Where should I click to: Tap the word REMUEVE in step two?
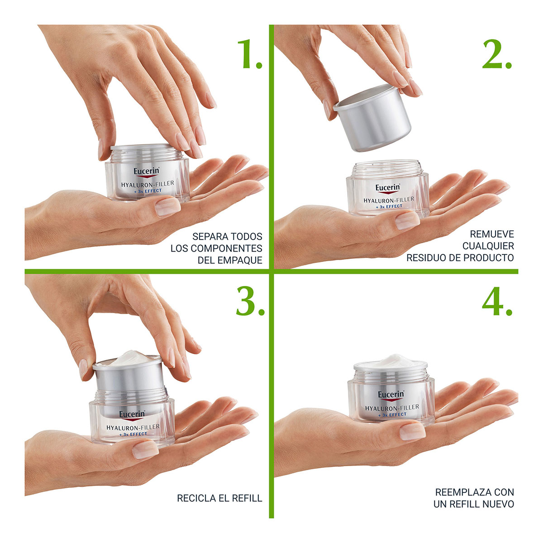[x=492, y=234]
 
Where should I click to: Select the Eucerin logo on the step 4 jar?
[x=391, y=395]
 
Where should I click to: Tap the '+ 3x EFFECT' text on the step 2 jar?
[x=388, y=206]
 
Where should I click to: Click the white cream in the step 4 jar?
[x=391, y=362]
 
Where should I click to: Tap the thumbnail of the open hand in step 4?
[x=412, y=431]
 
